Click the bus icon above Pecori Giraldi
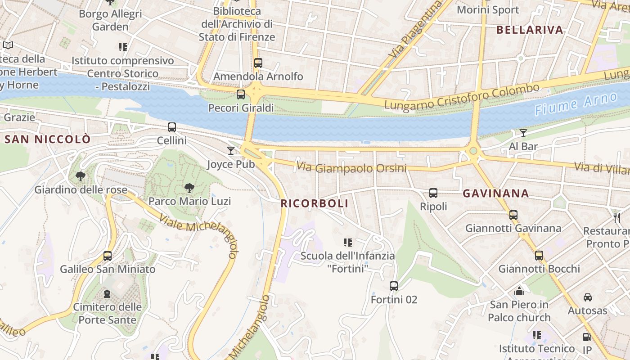click(x=241, y=94)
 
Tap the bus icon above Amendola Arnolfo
click(x=258, y=63)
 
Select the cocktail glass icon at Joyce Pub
click(x=231, y=150)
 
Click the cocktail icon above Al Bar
click(x=523, y=133)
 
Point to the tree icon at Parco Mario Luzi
click(x=189, y=188)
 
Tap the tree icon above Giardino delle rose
click(x=81, y=176)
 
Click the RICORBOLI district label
click(x=315, y=203)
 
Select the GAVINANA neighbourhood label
click(x=496, y=193)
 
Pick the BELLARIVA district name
click(x=530, y=30)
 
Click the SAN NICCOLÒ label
click(x=47, y=139)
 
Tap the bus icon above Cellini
click(x=172, y=127)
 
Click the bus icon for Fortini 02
click(x=394, y=286)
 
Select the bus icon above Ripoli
click(x=433, y=193)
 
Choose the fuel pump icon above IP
click(x=587, y=337)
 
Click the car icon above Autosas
click(x=587, y=297)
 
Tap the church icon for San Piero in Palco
click(x=519, y=291)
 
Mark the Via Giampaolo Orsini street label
click(x=351, y=168)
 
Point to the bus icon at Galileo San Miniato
click(x=108, y=256)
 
